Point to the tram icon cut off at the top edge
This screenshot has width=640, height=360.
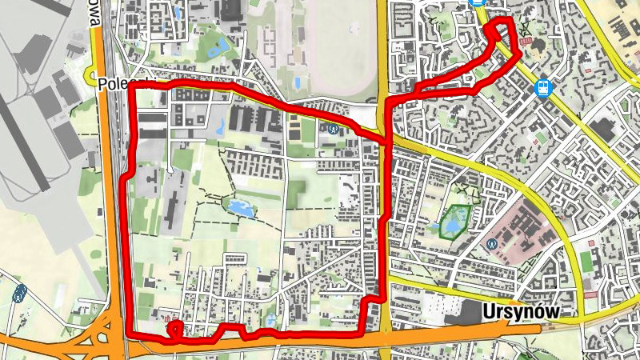coord(478,3)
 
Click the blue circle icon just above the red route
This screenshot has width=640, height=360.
coord(333,127)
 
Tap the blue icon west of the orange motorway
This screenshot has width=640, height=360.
coord(19,293)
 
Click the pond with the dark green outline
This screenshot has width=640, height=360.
coord(454,222)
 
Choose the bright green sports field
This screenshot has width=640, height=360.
coord(586,261)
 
